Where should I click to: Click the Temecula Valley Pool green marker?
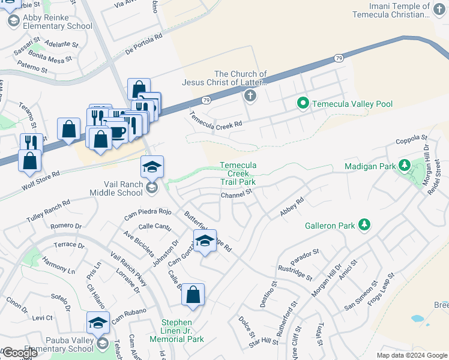tap(303, 104)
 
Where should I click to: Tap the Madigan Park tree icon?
tap(405, 165)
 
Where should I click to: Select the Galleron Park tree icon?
tap(363, 225)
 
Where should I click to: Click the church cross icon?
tap(250, 95)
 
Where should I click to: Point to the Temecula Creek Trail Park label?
tap(238, 173)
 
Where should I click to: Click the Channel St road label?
tap(236, 195)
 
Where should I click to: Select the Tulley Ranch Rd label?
tap(49, 212)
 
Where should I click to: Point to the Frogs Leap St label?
tap(378, 290)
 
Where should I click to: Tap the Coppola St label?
tap(410, 142)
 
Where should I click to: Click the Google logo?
tap(19, 353)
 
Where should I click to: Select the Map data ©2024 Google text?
tap(412, 355)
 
